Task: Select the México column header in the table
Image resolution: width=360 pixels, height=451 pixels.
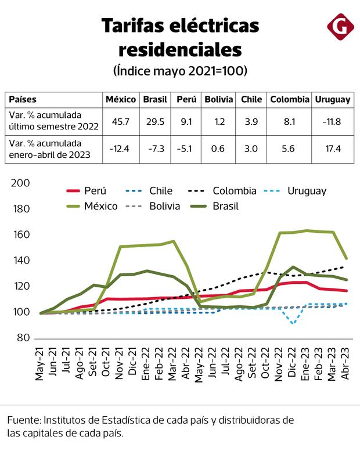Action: point(120,99)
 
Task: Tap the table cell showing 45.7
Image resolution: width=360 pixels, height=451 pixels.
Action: point(120,121)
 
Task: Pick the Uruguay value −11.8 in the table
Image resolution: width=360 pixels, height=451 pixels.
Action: point(332,121)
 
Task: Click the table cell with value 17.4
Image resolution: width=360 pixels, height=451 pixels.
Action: point(332,149)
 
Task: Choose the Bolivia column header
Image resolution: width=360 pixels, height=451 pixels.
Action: point(219,99)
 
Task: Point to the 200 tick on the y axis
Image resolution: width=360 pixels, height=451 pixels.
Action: point(20,183)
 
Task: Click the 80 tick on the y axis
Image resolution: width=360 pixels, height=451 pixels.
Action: point(23,338)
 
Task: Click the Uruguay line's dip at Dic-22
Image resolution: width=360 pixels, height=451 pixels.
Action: point(293,323)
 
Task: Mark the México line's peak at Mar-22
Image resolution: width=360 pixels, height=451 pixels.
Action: point(173,241)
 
